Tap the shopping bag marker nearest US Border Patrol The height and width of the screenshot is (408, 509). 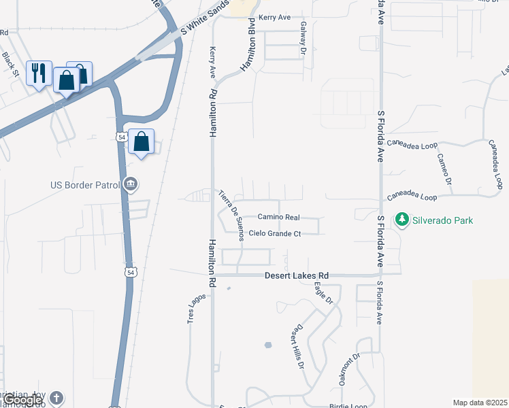(141, 142)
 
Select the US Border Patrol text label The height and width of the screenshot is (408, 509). (84, 184)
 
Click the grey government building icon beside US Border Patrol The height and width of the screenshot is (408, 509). (132, 184)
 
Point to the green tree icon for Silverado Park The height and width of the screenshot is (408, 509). (401, 220)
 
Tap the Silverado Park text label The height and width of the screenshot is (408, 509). (442, 220)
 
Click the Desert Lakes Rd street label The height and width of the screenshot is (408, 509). (296, 275)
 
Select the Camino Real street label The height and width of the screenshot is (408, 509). (278, 217)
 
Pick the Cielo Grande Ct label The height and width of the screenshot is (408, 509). (275, 233)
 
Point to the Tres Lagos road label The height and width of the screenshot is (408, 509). (193, 309)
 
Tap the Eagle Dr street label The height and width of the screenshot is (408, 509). (323, 291)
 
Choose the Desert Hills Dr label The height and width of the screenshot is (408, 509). (297, 346)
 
